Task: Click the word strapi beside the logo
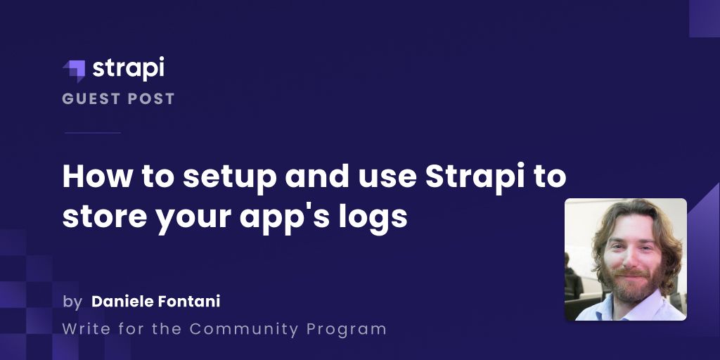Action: click(x=128, y=68)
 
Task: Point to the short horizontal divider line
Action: click(x=92, y=132)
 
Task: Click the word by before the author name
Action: click(x=72, y=302)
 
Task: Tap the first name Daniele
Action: click(x=122, y=302)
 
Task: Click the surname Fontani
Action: click(x=188, y=302)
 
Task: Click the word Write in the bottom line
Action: click(x=83, y=328)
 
